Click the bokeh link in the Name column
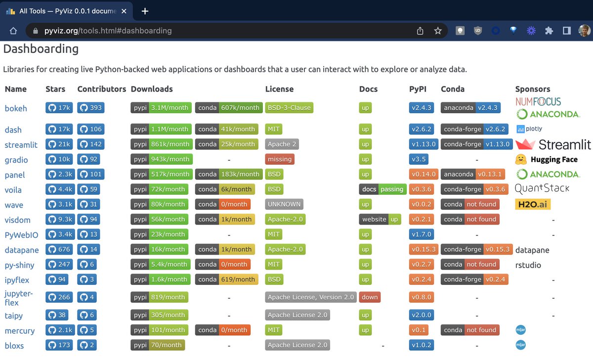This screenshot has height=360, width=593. [x=16, y=108]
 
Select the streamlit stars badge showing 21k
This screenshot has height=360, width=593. [x=59, y=144]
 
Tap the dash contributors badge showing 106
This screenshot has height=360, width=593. [x=90, y=130]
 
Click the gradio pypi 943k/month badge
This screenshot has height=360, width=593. [x=161, y=160]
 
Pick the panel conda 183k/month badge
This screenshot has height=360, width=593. [x=228, y=175]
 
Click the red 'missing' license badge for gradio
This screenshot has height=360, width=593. [x=279, y=160]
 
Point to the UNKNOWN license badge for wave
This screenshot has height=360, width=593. [x=284, y=205]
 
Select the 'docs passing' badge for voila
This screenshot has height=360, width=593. [x=382, y=189]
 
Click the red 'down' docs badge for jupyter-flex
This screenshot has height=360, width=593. [x=369, y=298]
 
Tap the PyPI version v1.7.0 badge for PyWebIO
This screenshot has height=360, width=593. [x=421, y=234]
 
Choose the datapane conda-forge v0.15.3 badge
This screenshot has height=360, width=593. [x=476, y=250]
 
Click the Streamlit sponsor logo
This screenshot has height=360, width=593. [x=553, y=144]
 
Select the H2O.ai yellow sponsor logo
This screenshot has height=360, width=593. [x=532, y=205]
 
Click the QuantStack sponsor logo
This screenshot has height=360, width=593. [x=542, y=188]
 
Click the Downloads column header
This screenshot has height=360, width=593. [x=152, y=89]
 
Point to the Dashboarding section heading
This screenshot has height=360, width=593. [x=41, y=49]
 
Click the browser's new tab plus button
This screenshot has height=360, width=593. [x=145, y=11]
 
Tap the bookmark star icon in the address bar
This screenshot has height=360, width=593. [x=437, y=31]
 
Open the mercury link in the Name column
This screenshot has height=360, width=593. [x=20, y=331]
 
